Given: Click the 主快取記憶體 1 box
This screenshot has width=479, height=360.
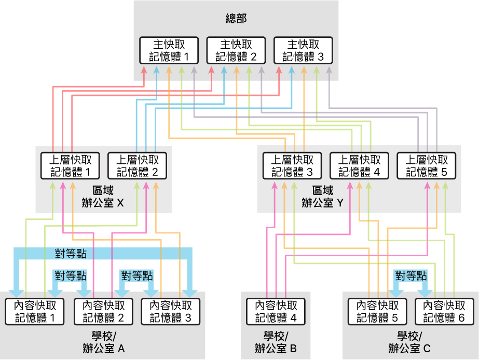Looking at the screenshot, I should [169, 50].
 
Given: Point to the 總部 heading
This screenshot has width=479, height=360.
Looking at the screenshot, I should [236, 19].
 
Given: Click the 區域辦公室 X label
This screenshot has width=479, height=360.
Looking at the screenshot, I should [103, 197].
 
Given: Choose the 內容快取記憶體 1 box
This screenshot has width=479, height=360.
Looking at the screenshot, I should [35, 311].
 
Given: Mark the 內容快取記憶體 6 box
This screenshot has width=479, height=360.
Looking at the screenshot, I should [445, 311].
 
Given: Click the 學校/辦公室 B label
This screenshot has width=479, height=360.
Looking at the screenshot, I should [276, 343].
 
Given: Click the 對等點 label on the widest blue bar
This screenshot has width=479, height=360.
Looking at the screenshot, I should [71, 254].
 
